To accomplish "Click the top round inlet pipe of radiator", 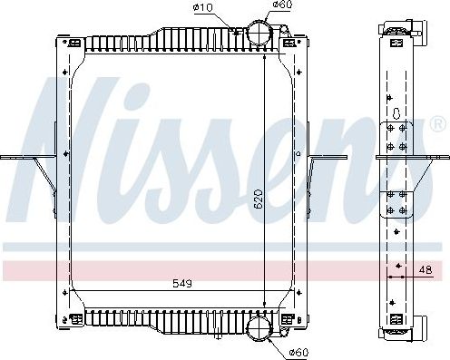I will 261,34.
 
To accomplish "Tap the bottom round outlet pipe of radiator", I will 261,326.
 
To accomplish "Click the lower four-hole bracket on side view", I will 396,203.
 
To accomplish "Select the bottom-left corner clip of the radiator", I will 66,316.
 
